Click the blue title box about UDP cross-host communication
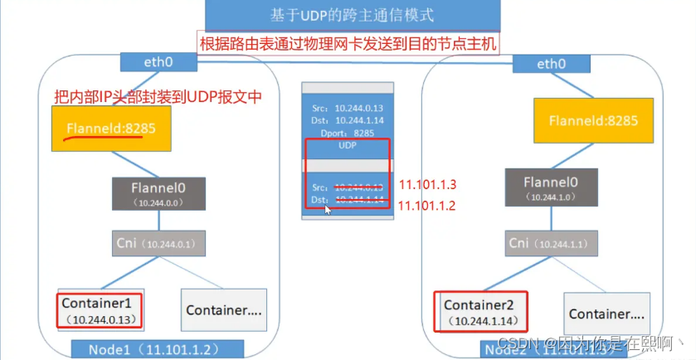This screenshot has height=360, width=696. (348, 15)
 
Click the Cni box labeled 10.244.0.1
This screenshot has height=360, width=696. (158, 244)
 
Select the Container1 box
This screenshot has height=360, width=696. (100, 309)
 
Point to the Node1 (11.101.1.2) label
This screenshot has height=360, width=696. (158, 349)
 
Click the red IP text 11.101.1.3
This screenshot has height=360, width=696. (427, 183)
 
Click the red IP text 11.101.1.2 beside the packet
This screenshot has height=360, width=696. (427, 205)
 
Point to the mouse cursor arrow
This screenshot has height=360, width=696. (329, 209)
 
